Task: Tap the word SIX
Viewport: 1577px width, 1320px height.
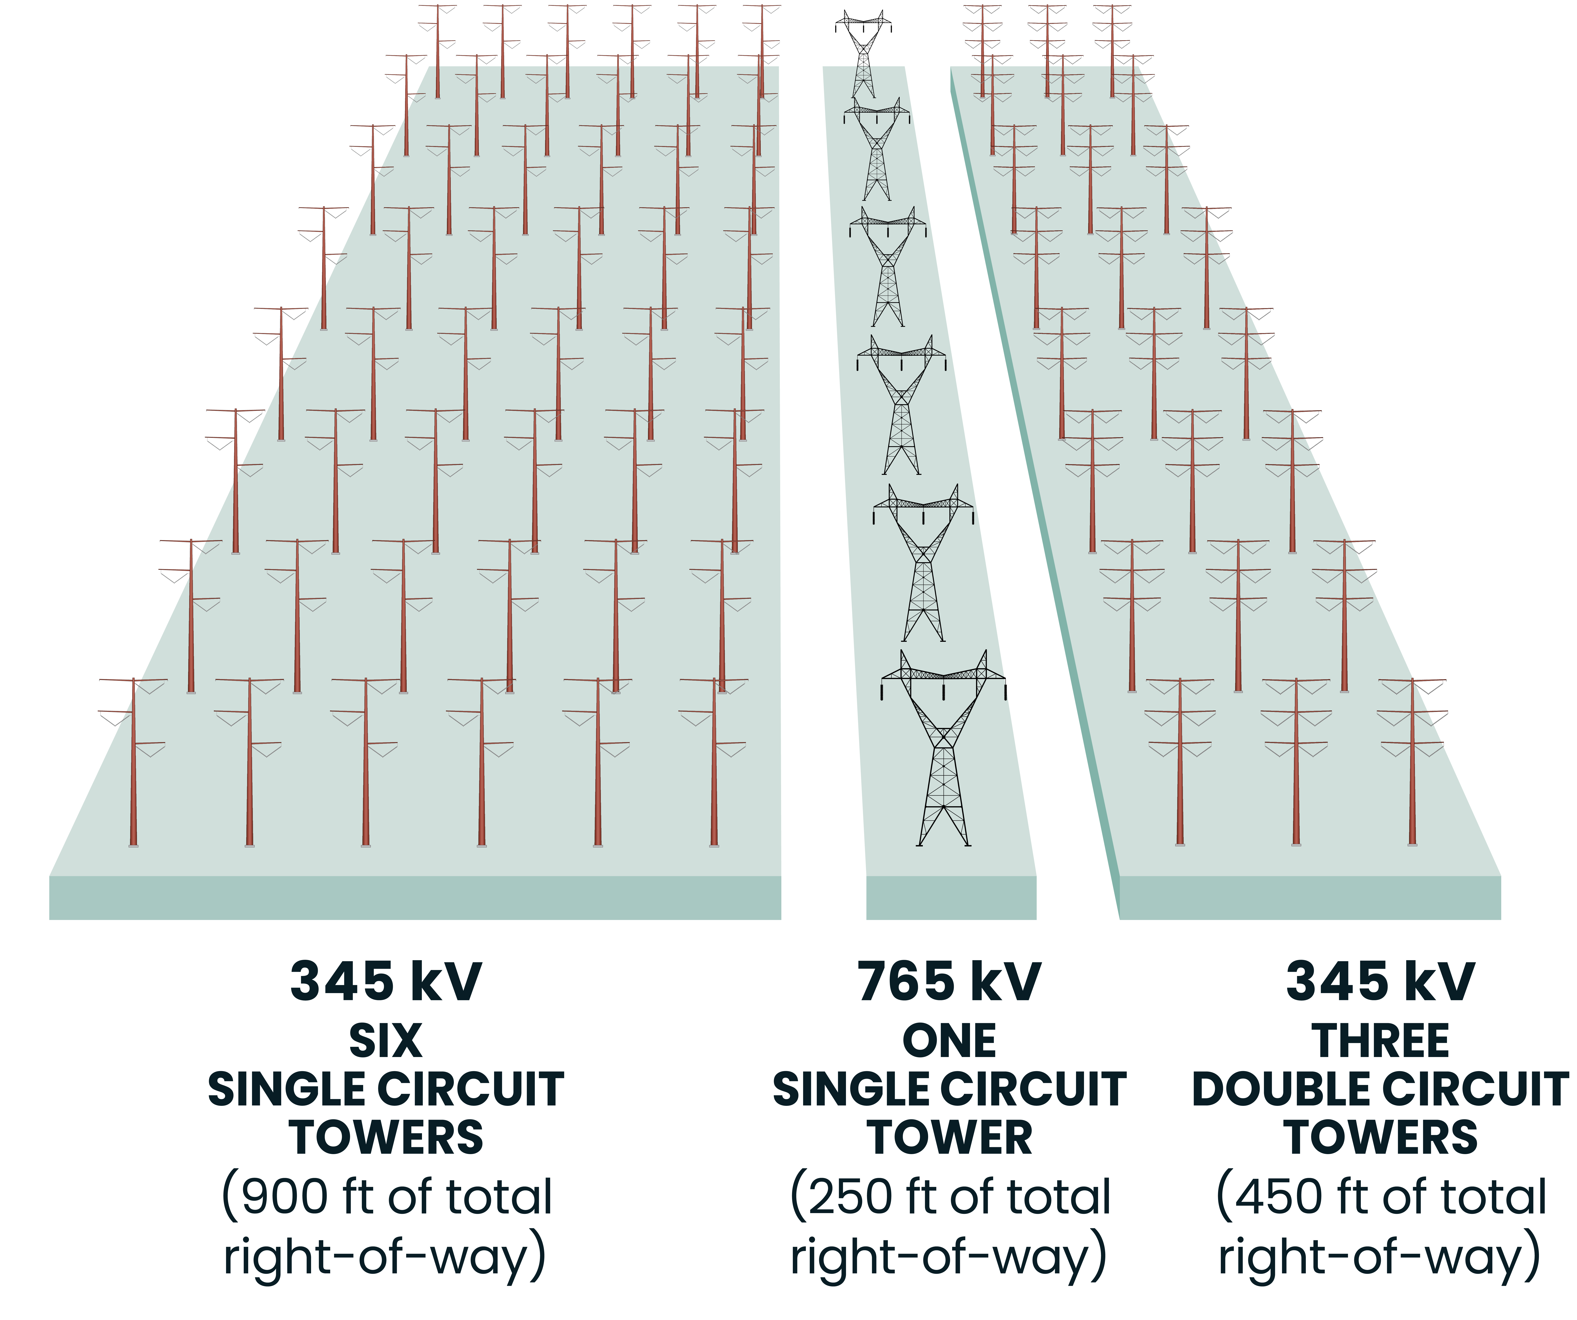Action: tap(385, 1041)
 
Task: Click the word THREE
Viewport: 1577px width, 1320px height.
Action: tap(1380, 1041)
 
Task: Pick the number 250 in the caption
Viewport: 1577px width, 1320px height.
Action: tap(852, 1197)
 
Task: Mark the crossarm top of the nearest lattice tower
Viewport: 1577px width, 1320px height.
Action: tap(943, 673)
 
